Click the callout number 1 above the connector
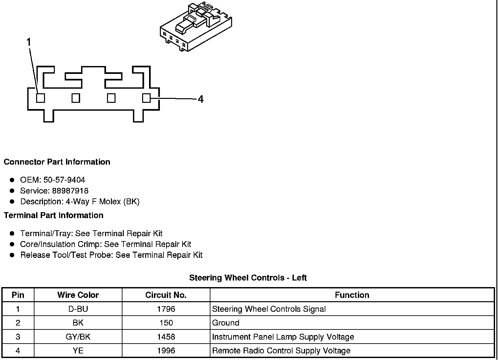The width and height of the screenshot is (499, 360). pos(29,42)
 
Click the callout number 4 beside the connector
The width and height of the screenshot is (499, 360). pos(201,99)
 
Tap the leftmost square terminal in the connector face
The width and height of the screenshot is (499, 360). pos(40,98)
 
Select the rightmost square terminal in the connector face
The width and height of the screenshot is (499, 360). pos(146,98)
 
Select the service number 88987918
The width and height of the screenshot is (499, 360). pos(70,191)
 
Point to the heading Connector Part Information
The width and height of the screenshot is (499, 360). pos(57,162)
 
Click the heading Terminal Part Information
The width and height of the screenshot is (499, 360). pos(54,215)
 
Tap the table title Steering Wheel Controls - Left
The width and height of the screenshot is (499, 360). pos(248,278)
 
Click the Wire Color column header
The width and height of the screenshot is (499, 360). pos(78,295)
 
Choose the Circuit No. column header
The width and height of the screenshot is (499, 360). pos(166,295)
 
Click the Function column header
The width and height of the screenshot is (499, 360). pos(352,295)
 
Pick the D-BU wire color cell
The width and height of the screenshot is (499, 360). pos(78,309)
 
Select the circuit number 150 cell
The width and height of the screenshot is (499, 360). pos(166,323)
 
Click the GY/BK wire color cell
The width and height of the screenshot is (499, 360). pos(78,337)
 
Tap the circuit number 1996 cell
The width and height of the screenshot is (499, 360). pos(166,351)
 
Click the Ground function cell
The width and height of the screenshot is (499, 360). pos(226,323)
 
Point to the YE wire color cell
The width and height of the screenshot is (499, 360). pos(78,351)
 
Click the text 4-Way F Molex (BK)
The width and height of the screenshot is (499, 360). pos(103,202)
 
